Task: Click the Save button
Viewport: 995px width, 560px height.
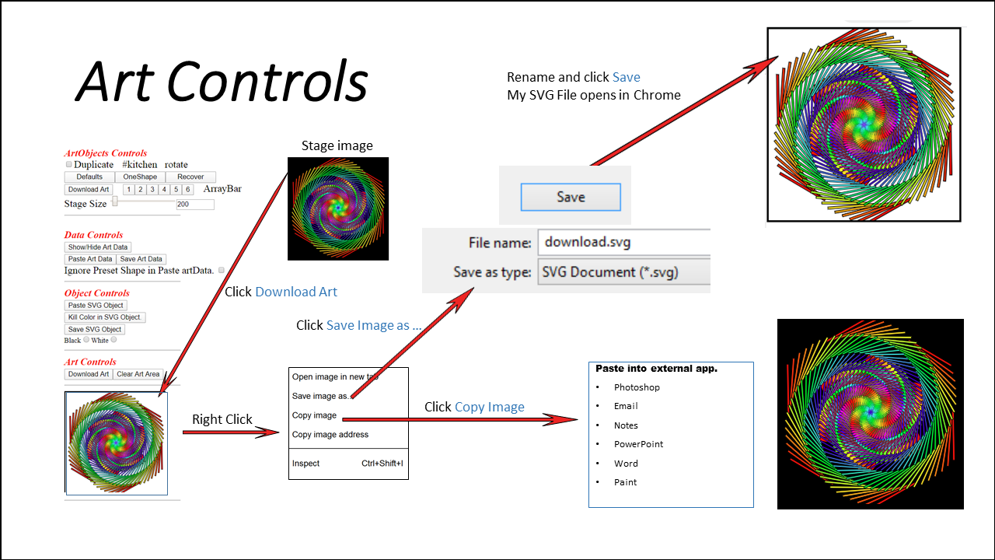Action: (571, 197)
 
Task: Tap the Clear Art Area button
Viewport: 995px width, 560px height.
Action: (138, 374)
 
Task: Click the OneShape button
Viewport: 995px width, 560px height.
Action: (140, 177)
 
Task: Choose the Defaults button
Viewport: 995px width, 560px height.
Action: (89, 177)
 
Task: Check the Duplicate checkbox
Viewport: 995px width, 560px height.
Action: (68, 165)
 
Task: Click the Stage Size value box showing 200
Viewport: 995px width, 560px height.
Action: (194, 205)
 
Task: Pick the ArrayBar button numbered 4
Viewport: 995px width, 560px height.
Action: (164, 190)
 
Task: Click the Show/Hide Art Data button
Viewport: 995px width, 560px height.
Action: (98, 247)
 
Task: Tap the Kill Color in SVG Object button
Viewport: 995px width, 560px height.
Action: (105, 317)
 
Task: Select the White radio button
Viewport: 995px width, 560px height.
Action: (113, 340)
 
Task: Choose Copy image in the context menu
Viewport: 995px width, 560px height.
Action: (314, 415)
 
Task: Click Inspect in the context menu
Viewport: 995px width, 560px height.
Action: (306, 464)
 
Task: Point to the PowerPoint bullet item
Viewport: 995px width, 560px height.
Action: (638, 444)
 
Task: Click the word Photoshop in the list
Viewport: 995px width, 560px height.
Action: (637, 387)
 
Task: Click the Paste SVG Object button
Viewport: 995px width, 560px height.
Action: (96, 306)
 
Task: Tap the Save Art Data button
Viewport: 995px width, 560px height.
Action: (141, 259)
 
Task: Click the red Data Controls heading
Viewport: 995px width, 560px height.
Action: (93, 235)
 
